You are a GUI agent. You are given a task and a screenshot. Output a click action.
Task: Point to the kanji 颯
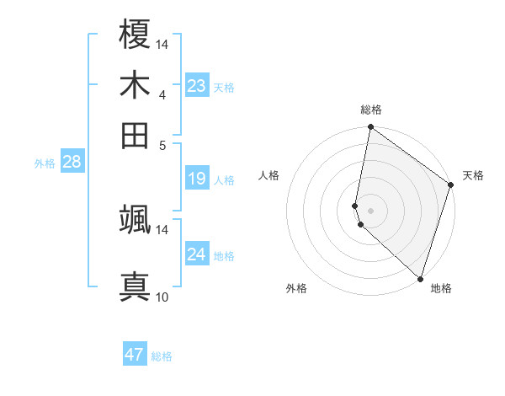(136, 219)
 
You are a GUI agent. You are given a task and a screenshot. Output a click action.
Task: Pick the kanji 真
(136, 285)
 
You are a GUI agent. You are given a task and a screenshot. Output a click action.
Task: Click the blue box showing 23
(197, 86)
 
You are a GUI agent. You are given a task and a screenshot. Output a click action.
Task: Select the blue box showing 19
(197, 179)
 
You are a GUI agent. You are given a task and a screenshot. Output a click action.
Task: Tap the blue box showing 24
(197, 254)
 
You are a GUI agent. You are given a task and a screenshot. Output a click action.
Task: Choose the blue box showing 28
(72, 163)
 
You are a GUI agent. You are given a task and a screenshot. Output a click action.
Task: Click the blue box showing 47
(135, 355)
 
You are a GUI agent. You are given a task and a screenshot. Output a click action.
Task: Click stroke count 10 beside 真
(162, 297)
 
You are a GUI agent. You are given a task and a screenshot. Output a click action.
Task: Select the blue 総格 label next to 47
(162, 356)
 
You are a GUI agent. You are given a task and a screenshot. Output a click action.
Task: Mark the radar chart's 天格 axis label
(473, 175)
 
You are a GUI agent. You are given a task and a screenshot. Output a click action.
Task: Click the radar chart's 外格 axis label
(296, 288)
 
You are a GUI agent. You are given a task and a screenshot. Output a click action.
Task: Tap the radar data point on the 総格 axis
(370, 128)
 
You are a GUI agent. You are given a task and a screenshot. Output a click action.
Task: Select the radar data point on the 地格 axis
(419, 278)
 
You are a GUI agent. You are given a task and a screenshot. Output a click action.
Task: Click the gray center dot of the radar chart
(370, 209)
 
